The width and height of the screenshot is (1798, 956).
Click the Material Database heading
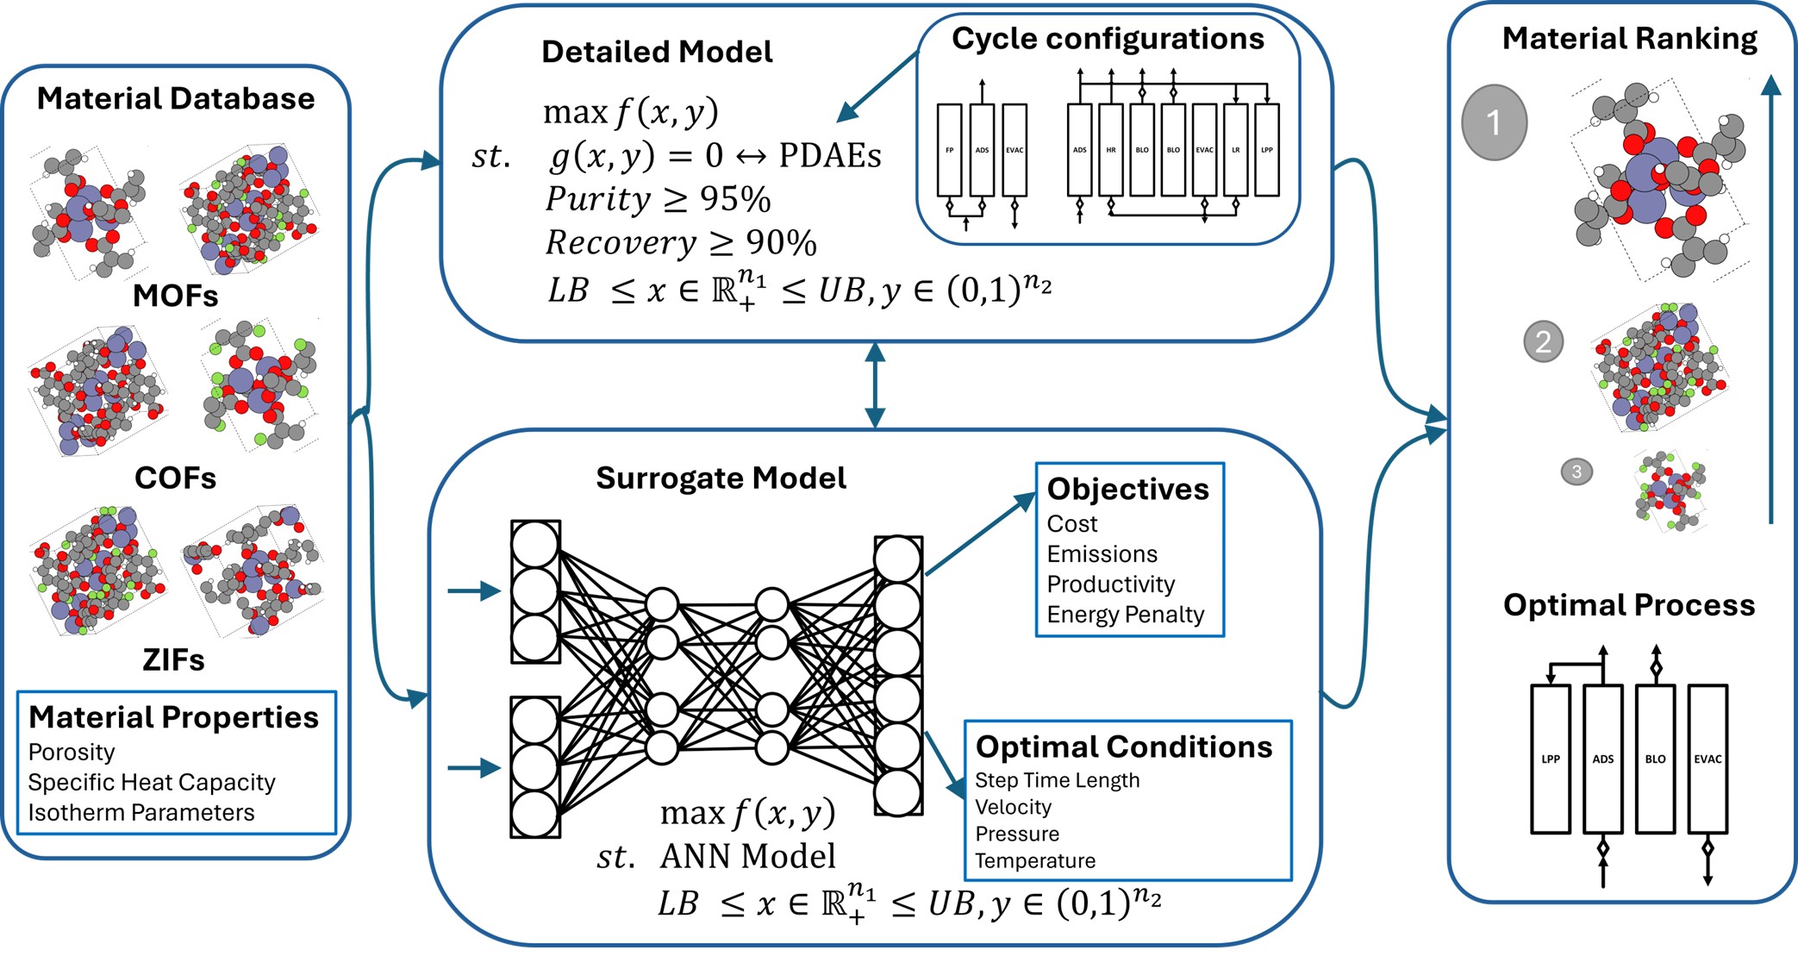click(176, 98)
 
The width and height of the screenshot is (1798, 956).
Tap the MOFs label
click(175, 296)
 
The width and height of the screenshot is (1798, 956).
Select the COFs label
click(175, 478)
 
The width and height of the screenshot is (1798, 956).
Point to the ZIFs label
click(173, 659)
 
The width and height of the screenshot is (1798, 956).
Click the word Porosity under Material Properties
click(72, 752)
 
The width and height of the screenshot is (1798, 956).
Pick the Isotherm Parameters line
click(141, 812)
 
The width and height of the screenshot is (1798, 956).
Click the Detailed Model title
click(657, 52)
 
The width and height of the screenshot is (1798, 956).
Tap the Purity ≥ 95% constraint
click(659, 199)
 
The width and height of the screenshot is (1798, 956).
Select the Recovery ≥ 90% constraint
click(681, 242)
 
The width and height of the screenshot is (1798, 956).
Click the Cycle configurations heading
click(1108, 39)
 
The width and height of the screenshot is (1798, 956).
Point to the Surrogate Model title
click(721, 478)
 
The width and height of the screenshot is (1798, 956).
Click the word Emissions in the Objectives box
click(1102, 553)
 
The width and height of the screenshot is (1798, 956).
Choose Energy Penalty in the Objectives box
click(1125, 614)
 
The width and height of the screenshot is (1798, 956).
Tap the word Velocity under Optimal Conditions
click(1013, 807)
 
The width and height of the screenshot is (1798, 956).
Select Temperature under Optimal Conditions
click(1035, 860)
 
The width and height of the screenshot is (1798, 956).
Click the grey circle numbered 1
click(1494, 122)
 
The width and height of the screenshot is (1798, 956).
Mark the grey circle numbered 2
click(1543, 342)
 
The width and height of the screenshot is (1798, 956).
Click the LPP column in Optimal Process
click(1550, 759)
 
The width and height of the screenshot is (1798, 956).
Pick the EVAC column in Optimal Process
click(1707, 759)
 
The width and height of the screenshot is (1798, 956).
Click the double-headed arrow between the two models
click(875, 384)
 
